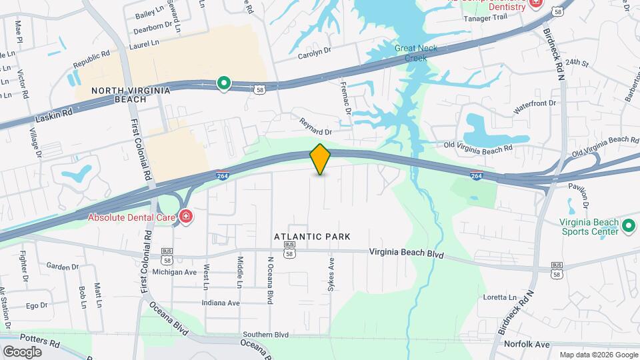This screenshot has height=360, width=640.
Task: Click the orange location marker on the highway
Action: click(320, 159)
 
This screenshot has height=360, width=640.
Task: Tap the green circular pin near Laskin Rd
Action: click(225, 83)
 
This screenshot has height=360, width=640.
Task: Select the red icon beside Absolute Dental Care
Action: click(185, 216)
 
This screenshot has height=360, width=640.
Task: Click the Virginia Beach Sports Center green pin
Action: click(627, 227)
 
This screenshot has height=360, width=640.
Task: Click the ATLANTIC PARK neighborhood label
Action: click(312, 237)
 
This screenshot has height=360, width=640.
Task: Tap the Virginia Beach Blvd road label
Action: click(407, 253)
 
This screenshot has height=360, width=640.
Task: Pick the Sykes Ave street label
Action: click(330, 273)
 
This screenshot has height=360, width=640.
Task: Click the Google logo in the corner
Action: click(22, 351)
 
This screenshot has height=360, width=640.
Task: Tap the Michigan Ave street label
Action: click(175, 272)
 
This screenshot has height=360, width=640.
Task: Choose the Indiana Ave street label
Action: click(221, 303)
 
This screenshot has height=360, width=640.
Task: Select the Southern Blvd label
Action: click(265, 334)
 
